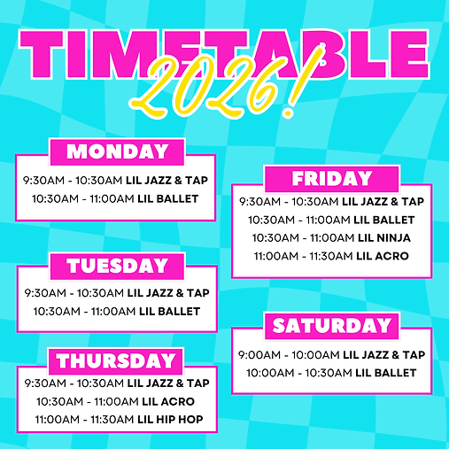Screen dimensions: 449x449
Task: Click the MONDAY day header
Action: click(117, 151)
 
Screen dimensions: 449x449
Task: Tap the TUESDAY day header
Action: click(117, 266)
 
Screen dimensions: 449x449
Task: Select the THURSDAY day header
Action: click(117, 360)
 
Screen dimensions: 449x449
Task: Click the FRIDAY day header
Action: click(332, 178)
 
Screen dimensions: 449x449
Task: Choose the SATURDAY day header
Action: click(332, 325)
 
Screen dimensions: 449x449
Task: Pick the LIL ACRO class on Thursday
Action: click(166, 401)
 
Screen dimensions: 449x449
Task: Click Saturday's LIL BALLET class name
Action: click(385, 373)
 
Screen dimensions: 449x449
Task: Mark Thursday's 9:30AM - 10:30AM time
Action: click(74, 383)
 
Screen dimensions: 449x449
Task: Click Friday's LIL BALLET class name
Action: click(385, 220)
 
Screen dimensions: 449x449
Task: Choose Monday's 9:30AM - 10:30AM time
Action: click(74, 179)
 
